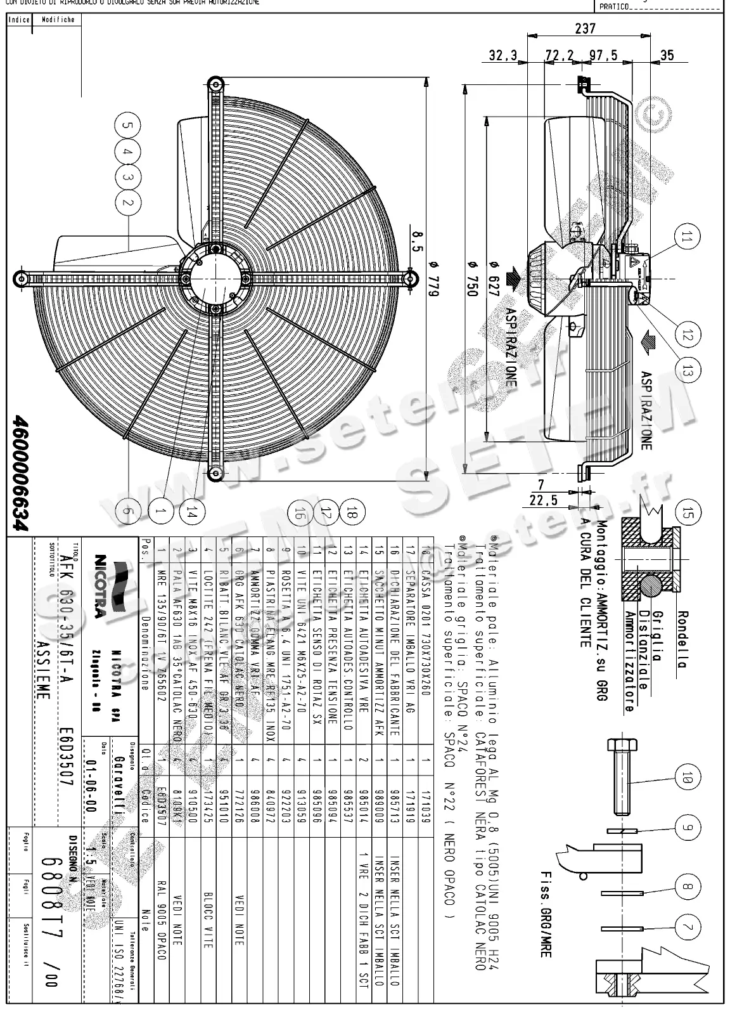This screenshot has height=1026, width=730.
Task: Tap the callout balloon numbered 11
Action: tap(688, 240)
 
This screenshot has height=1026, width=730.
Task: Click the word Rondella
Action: tap(682, 640)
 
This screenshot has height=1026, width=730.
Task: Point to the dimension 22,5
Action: tap(544, 500)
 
